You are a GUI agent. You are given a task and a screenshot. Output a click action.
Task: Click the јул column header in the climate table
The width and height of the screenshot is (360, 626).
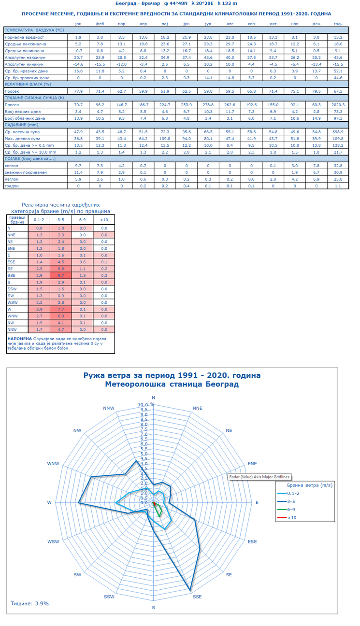[x=208, y=24]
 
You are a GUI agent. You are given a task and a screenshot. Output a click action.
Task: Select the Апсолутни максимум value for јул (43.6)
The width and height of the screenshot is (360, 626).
[x=208, y=57]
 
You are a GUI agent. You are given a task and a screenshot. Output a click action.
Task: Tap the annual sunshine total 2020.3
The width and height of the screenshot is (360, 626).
[x=338, y=105]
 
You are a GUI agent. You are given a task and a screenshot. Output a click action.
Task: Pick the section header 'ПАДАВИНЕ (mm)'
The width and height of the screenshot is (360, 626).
[x=22, y=125]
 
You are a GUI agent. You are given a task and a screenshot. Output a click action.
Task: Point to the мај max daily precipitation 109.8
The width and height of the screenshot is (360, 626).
[x=165, y=139]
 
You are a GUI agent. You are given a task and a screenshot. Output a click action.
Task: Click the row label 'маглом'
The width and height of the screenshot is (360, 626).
[x=12, y=179]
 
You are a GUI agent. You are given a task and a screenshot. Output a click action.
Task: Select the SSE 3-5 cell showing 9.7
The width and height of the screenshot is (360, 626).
[x=61, y=275]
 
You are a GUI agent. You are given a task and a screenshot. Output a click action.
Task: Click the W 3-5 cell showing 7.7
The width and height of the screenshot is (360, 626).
[x=61, y=309]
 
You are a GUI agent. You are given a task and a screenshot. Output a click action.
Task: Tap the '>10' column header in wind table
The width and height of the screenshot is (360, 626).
[x=104, y=220]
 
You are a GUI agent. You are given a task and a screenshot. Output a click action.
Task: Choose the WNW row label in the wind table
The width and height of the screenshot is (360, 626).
[x=13, y=316]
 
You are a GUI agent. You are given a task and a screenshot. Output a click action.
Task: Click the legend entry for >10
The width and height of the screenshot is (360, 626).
[x=287, y=518]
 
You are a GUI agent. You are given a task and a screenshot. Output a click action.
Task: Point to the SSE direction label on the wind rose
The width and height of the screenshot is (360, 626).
[x=197, y=597]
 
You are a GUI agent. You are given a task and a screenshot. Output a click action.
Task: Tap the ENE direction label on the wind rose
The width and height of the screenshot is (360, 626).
[x=252, y=463]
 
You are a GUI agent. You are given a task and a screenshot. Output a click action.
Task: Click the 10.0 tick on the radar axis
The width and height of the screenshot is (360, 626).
[x=143, y=405]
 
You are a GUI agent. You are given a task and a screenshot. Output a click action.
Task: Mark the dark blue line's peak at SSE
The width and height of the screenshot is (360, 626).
[x=190, y=590]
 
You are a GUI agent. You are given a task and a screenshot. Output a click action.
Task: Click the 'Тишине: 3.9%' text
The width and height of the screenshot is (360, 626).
[x=29, y=603]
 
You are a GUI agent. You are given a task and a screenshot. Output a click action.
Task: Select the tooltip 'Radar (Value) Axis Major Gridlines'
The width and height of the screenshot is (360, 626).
[x=259, y=477]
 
